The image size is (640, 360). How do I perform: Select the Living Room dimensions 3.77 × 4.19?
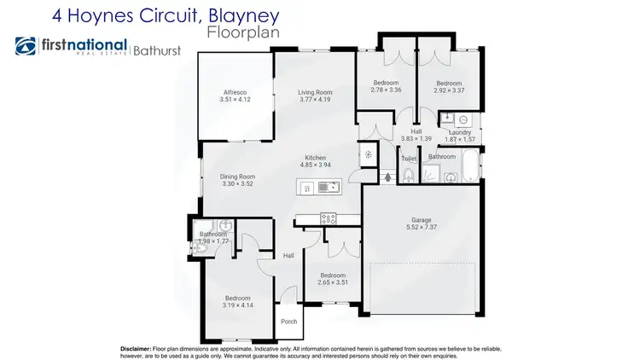point(314,101)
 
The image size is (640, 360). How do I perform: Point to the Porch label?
point(288,322)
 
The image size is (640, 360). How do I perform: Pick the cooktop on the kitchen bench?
point(329,218)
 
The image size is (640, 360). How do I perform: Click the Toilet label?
point(409,159)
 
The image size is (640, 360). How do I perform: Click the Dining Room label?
point(239,177)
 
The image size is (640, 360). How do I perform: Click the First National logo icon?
point(26,47)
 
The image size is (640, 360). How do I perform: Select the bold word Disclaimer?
point(135,348)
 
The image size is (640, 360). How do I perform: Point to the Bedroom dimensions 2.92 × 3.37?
point(449,90)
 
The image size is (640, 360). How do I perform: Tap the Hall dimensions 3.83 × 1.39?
point(416,139)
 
